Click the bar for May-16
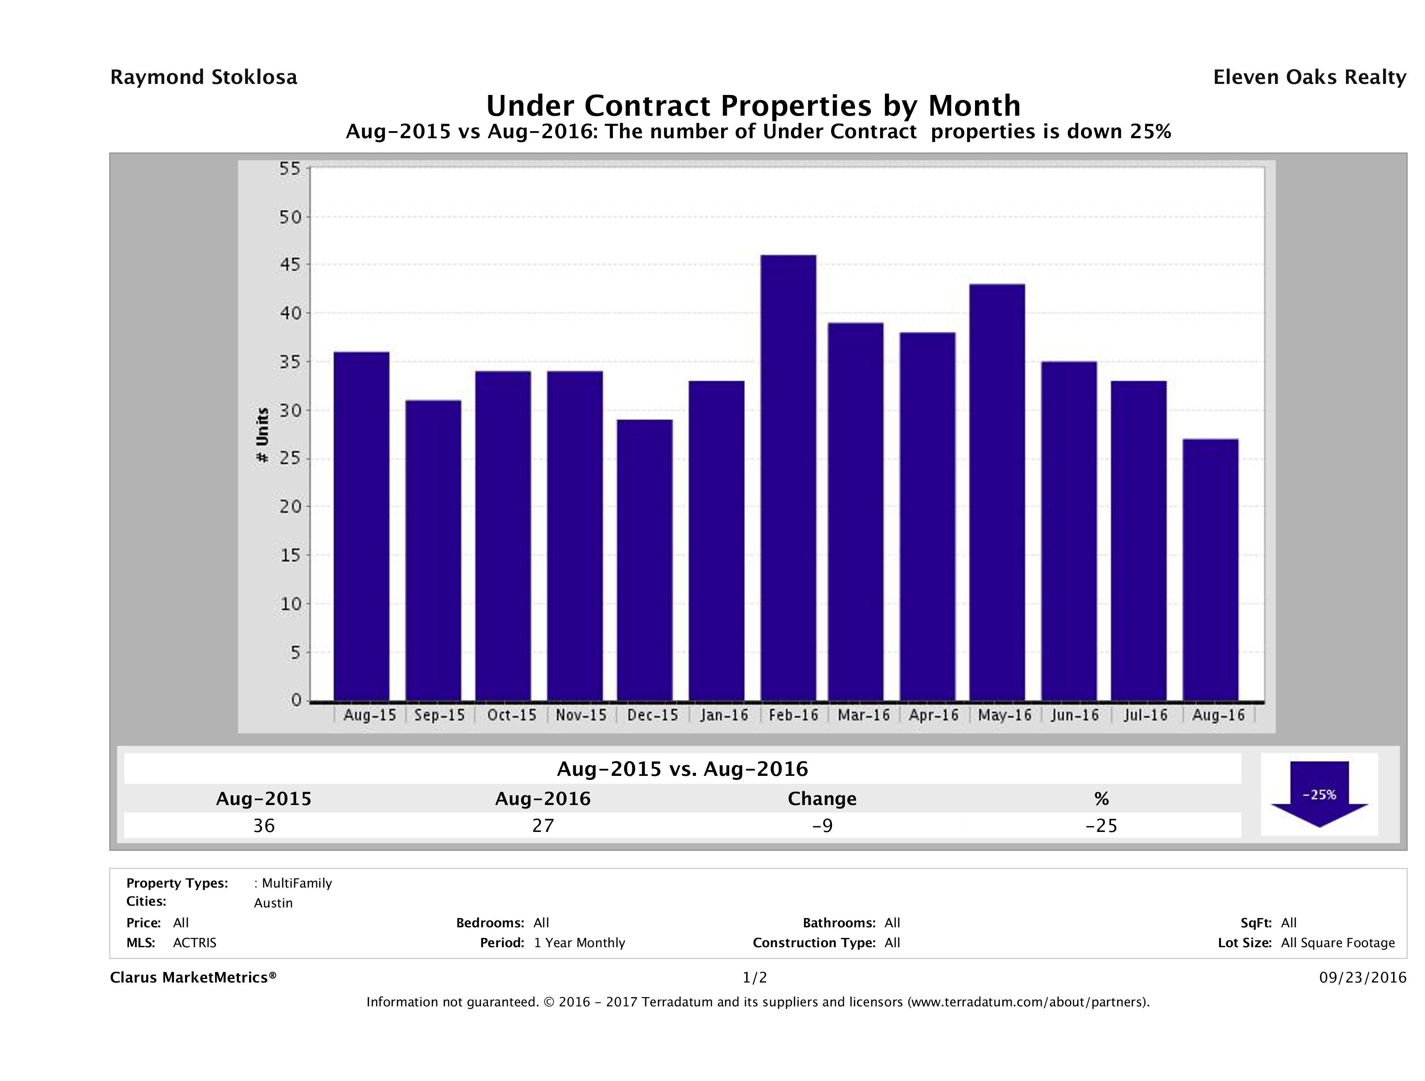click(997, 492)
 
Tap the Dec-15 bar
click(644, 560)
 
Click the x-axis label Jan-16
click(724, 715)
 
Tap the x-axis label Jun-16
click(1074, 715)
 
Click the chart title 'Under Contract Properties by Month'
click(753, 106)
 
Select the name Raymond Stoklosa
click(204, 77)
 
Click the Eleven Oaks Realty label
click(1309, 77)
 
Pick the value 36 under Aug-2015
click(264, 825)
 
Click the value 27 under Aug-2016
click(543, 825)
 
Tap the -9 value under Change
click(822, 825)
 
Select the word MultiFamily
click(296, 883)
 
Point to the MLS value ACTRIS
click(195, 942)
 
